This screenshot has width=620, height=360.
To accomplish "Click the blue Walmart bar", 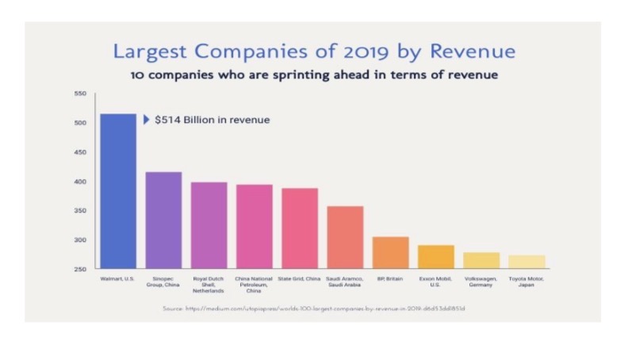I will [117, 190].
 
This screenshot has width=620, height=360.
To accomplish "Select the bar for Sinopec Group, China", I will [163, 220].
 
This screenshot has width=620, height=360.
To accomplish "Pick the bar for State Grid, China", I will [300, 228].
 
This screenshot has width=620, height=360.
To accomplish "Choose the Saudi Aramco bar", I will [345, 237].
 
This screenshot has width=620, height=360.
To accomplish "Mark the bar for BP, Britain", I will [390, 252].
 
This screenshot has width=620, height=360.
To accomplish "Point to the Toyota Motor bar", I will [526, 262].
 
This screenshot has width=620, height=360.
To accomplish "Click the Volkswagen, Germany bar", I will [481, 260].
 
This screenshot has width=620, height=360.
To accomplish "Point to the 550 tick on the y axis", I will [79, 94].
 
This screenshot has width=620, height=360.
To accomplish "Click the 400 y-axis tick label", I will [79, 182].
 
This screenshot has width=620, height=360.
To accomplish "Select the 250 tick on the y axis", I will [79, 270].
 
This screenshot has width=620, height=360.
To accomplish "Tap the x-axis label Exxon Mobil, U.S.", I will [435, 282].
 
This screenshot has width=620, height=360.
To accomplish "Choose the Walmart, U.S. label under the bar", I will [117, 280].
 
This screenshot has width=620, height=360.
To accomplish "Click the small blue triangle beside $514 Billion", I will [146, 121].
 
